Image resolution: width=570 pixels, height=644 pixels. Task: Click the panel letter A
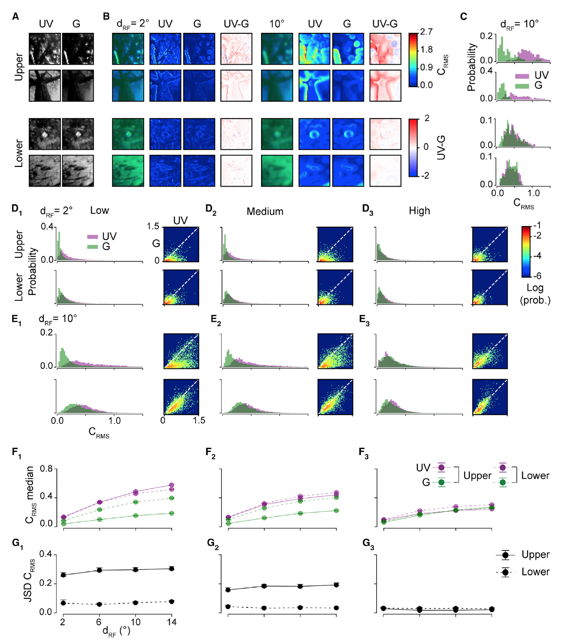(15, 17)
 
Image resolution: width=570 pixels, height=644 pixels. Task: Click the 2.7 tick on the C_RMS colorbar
(426, 32)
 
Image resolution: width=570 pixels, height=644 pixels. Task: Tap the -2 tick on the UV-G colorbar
(425, 175)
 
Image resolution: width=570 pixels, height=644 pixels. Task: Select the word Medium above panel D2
(265, 212)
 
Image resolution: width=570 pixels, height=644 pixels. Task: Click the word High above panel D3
(419, 211)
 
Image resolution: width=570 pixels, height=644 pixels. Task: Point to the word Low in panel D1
(99, 211)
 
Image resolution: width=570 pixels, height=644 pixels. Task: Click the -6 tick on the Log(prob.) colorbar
(537, 276)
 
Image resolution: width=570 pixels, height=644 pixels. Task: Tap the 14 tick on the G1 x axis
(171, 622)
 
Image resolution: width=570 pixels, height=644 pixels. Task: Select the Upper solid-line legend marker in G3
(505, 555)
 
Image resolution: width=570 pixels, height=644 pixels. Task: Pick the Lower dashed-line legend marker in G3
(505, 572)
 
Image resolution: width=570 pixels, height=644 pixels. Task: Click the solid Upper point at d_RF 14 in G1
(171, 569)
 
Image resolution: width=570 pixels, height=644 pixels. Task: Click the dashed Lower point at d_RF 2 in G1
(63, 603)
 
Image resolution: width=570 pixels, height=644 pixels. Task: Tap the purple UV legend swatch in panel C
(522, 76)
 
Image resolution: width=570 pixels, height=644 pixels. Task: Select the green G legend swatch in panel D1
(92, 246)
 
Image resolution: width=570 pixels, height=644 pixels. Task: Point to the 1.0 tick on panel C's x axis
(533, 193)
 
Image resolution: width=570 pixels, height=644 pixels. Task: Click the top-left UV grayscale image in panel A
(45, 49)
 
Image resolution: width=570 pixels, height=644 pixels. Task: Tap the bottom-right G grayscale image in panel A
(78, 170)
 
